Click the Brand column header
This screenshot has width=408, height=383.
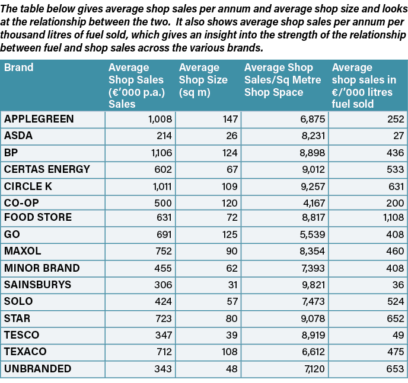(19, 67)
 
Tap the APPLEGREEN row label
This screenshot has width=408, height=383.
(39, 119)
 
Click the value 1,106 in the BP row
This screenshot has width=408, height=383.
(160, 153)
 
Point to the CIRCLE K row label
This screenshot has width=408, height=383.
(30, 186)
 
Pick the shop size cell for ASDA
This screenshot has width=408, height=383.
(230, 136)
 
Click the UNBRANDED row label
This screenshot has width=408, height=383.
(37, 369)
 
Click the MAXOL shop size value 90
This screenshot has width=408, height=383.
(231, 252)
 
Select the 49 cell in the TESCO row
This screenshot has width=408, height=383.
(398, 335)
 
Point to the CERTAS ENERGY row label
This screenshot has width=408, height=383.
(47, 169)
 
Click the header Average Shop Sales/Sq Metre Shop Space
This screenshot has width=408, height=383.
(282, 80)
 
